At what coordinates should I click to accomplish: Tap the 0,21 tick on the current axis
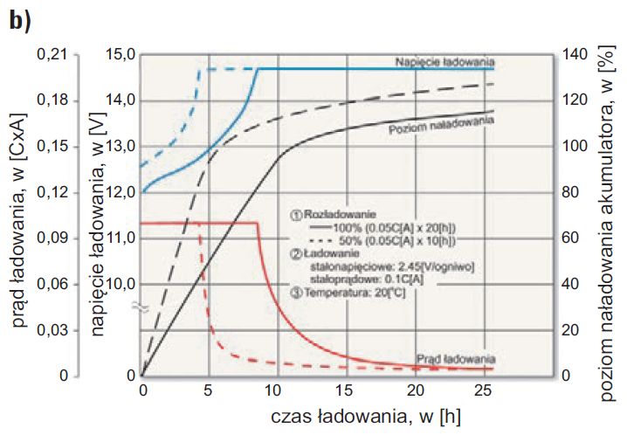click(52, 54)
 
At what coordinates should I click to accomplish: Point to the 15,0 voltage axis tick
click(121, 55)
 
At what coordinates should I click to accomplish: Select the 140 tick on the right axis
click(575, 55)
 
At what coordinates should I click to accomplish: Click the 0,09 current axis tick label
click(52, 238)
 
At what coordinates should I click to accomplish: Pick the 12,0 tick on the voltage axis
click(121, 193)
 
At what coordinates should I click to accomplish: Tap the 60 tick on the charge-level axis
click(571, 238)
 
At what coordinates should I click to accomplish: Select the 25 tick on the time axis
click(484, 390)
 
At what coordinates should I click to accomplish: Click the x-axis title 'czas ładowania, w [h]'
click(366, 417)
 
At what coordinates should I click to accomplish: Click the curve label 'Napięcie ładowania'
click(444, 62)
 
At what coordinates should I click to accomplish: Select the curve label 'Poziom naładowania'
click(441, 125)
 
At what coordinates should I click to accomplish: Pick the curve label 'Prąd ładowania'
click(456, 359)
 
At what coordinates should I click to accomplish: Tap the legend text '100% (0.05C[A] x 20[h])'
click(394, 228)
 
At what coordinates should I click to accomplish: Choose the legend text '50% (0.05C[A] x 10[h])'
click(397, 241)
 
